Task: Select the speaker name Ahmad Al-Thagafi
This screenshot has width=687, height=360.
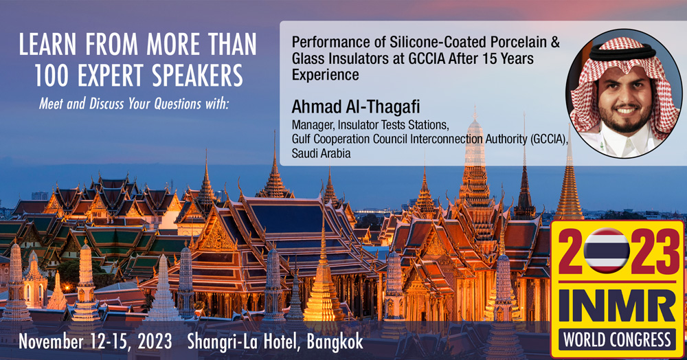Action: pyautogui.click(x=356, y=106)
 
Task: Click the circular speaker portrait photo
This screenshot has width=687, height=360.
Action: pyautogui.click(x=624, y=93)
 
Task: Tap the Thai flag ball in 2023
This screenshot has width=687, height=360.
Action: pyautogui.click(x=607, y=251)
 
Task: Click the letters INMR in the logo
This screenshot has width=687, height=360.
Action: pyautogui.click(x=616, y=305)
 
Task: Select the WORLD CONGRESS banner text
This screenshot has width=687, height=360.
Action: pyautogui.click(x=617, y=340)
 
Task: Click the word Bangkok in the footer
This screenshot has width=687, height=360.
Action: pyautogui.click(x=335, y=342)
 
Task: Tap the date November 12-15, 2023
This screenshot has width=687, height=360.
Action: pyautogui.click(x=95, y=342)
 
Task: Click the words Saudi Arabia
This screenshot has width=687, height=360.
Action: pyautogui.click(x=321, y=153)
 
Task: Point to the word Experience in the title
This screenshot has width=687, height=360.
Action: pyautogui.click(x=326, y=75)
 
